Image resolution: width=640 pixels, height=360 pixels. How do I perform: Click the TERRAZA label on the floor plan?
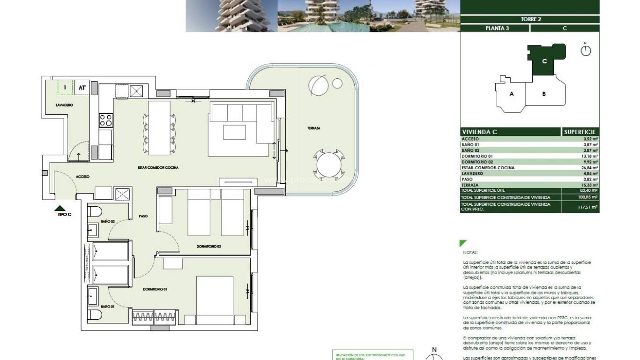313,128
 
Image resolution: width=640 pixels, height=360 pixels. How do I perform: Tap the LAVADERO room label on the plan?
64,105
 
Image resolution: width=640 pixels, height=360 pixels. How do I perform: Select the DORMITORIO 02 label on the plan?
208,246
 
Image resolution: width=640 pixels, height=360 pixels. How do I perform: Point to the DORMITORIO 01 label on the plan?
155,289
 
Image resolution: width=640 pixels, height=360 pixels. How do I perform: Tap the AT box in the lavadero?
82,88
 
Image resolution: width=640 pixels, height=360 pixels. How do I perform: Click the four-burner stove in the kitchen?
106,120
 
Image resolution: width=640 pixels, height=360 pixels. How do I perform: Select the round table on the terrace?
329,165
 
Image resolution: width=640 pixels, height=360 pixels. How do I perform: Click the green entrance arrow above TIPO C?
60,208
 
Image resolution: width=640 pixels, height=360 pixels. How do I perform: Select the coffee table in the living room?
234,132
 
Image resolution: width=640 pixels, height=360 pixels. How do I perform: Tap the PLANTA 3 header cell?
494,28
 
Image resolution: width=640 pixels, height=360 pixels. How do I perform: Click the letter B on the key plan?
543,94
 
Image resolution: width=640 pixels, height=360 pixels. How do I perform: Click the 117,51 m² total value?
589,207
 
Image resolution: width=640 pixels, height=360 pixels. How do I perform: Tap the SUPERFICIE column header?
580,132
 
